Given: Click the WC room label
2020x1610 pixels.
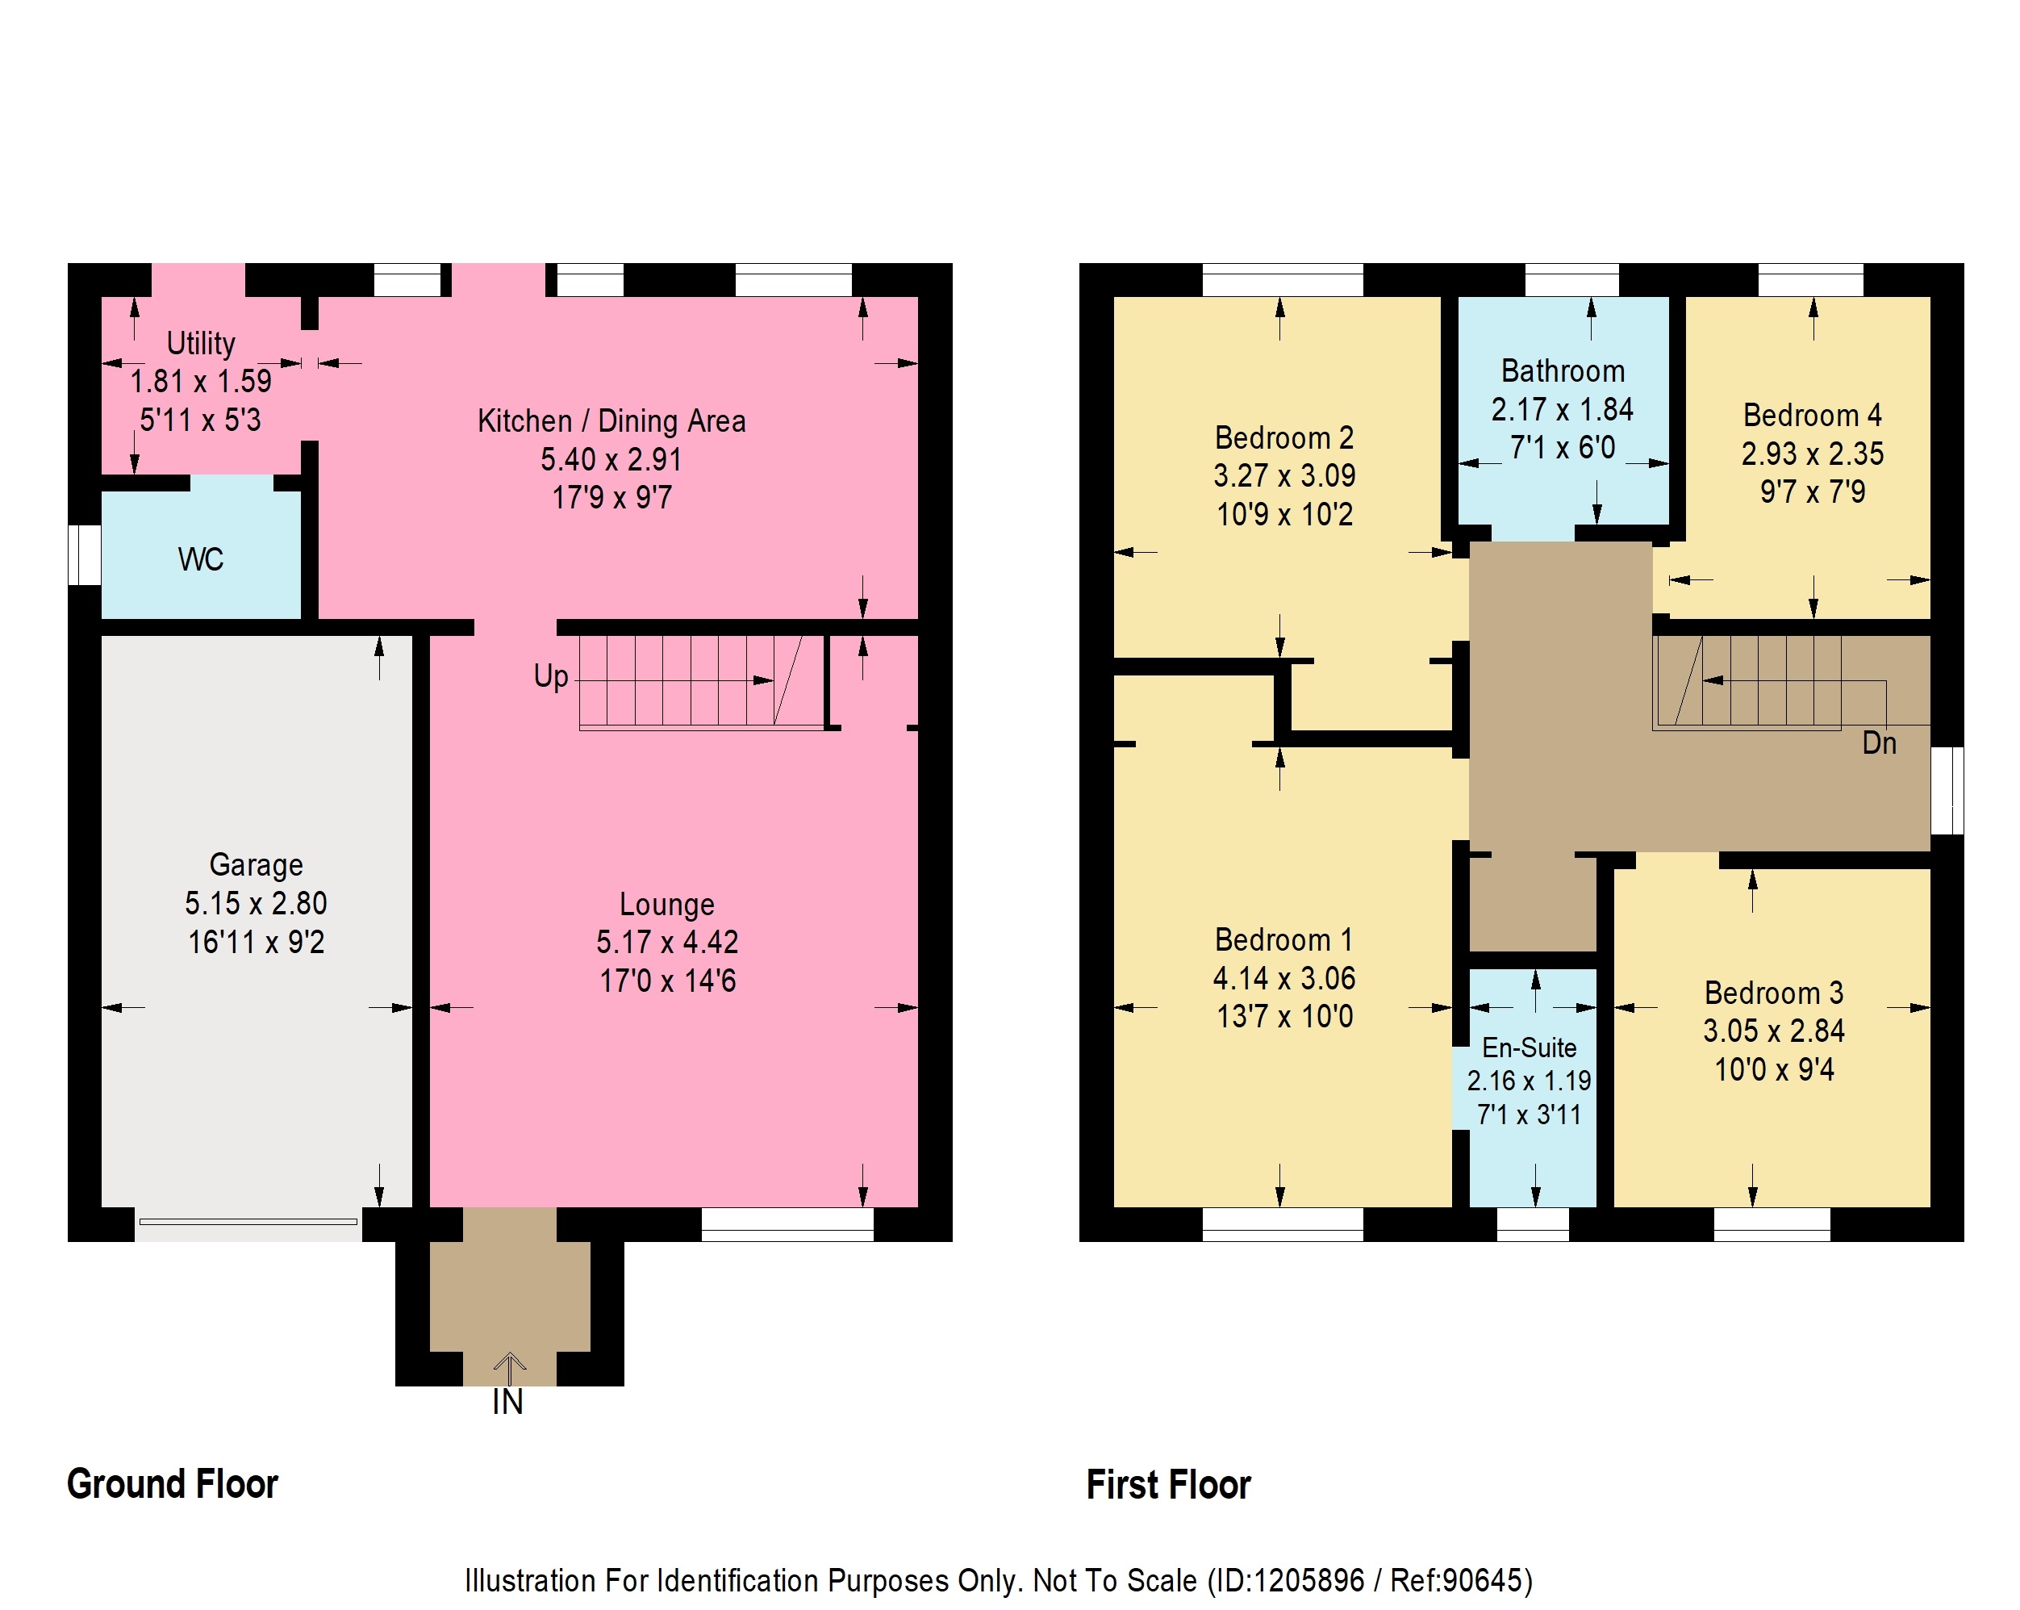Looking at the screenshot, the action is click(201, 559).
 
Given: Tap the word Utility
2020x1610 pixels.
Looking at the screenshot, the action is click(201, 343).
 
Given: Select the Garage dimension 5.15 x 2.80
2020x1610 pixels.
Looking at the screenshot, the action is click(256, 902).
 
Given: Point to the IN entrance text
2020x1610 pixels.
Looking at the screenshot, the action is click(507, 1402).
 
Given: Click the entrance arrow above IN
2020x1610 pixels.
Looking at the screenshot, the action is click(510, 1367).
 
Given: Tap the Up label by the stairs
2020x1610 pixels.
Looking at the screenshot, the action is click(551, 676).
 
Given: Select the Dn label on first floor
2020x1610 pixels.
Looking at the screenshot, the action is click(1880, 743).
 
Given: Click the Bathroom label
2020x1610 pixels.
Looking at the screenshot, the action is click(1563, 371).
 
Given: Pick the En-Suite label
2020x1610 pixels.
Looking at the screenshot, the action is click(1529, 1047).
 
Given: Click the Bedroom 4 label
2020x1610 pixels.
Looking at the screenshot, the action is click(1812, 414).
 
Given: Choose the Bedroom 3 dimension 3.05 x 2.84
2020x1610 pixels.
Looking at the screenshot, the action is click(1774, 1031).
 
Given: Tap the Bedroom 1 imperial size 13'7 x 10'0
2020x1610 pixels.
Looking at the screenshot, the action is click(1284, 1016).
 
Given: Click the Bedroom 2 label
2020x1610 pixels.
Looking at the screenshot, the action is click(1283, 437).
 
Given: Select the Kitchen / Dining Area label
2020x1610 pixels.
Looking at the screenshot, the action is click(611, 420).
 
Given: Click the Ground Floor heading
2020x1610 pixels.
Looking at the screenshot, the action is click(173, 1483).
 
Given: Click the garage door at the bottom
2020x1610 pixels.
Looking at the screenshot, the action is click(248, 1221).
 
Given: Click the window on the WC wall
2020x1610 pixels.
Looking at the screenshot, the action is click(85, 554).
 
